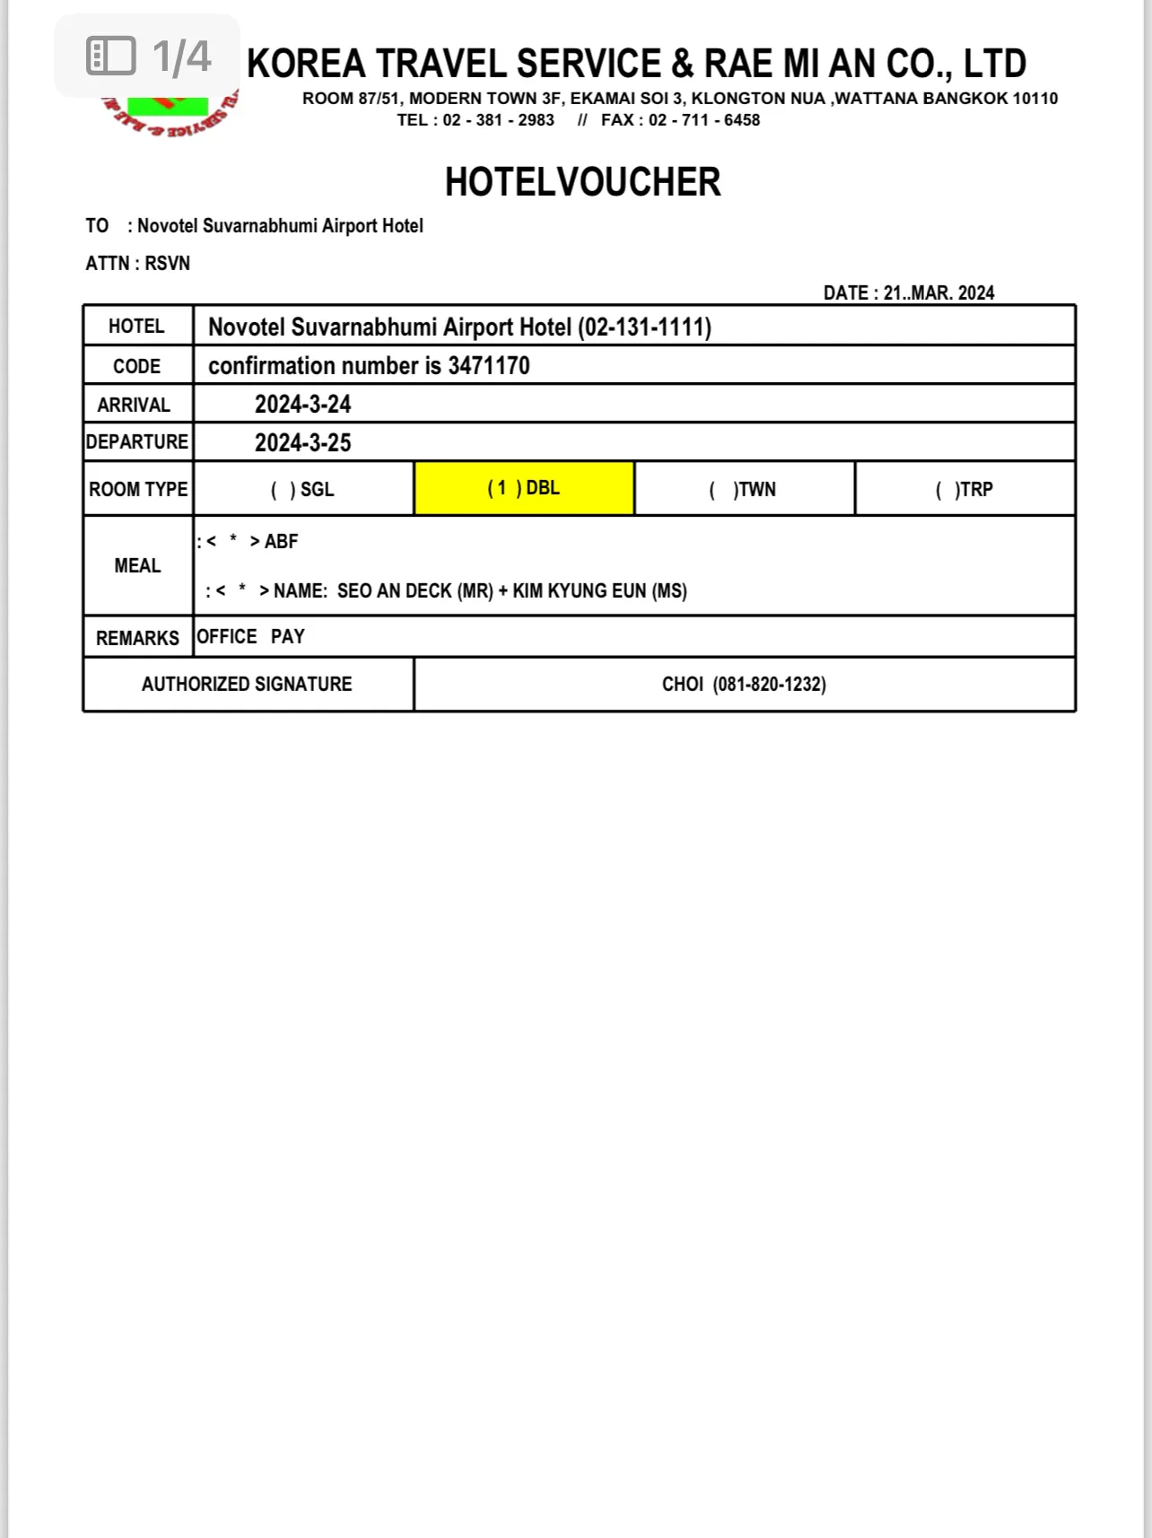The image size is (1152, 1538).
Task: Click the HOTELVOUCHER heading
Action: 582,182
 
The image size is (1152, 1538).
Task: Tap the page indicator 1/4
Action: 182,57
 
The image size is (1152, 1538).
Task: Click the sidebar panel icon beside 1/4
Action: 110,56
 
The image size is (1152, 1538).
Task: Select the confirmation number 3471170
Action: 489,366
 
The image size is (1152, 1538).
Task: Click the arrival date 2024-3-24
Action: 302,405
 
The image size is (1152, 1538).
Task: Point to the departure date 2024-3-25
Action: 302,443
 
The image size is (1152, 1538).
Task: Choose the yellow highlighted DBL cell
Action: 524,488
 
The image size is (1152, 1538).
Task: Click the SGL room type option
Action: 303,489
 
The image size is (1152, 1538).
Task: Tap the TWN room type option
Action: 744,489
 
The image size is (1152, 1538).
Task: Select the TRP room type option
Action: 964,489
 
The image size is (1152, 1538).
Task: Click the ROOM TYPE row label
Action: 138,489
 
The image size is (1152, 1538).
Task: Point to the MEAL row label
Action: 137,565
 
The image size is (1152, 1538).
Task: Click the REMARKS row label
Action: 137,638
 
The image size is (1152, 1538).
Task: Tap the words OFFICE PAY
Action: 250,637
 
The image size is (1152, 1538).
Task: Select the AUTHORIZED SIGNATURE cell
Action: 247,684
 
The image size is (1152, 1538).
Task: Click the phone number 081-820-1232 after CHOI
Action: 769,684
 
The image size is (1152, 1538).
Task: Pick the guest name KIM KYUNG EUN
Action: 580,591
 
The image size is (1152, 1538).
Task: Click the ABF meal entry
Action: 281,542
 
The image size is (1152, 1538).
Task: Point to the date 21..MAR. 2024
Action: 938,293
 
